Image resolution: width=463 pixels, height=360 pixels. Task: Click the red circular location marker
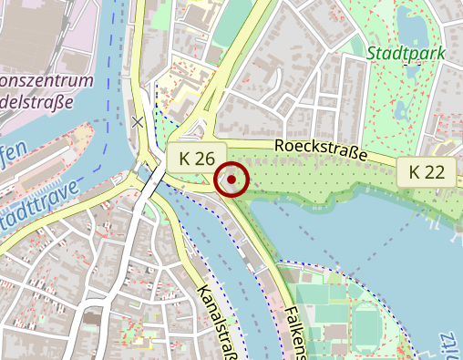coord(232,180)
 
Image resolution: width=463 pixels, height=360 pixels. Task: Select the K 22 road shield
coord(427,170)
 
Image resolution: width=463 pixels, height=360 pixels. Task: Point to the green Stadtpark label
coord(406,53)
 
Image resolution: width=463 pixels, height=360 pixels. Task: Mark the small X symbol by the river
coord(139,121)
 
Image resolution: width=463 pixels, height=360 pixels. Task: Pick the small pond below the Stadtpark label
coord(402,109)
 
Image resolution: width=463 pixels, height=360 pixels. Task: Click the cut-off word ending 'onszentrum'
coord(46,81)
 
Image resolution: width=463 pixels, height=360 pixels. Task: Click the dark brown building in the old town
coord(92,320)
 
